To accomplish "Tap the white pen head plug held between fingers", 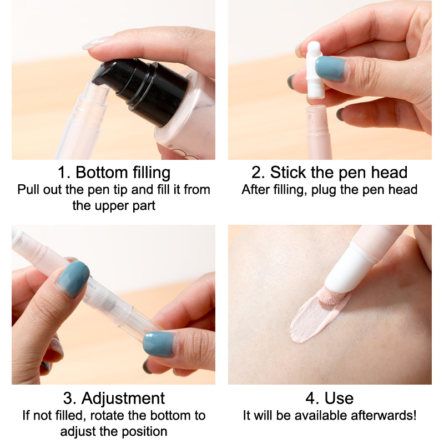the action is pos(314,70).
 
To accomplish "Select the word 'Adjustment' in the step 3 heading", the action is pos(123,398).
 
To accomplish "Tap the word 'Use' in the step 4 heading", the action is pos(339,398).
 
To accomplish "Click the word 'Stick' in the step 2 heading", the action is pos(288,172).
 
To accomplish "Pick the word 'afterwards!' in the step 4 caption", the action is pos(384,415).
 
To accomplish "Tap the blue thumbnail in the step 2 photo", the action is pos(330,68).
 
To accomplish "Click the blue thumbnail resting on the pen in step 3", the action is pos(74,279).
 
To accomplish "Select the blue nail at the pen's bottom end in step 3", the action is pos(159,344).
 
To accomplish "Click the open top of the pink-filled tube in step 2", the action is pos(316,108).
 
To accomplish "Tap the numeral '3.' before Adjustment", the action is pos(70,398).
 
